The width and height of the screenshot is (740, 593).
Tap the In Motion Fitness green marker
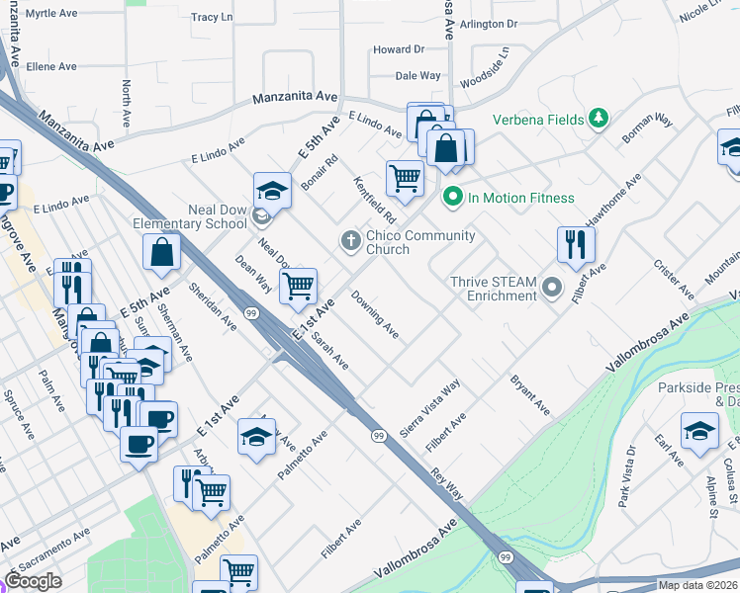coord(453,198)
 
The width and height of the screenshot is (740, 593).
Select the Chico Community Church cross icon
coord(350,239)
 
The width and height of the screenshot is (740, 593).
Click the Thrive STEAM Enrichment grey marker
coord(552,289)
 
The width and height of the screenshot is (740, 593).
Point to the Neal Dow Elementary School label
coord(189,216)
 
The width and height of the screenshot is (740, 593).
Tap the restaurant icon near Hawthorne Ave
coord(576,244)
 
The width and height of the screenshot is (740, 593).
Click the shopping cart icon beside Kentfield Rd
coord(405,179)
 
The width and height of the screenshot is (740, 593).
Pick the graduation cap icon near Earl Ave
coord(699,430)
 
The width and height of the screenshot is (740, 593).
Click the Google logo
coord(34,581)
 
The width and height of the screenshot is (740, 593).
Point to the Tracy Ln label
coord(211,18)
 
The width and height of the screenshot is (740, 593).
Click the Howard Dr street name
coord(398,49)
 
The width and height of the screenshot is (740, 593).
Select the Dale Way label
coord(417,75)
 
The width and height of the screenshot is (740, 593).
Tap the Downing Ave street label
coord(375,315)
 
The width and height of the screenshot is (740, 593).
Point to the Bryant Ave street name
coord(529,393)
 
